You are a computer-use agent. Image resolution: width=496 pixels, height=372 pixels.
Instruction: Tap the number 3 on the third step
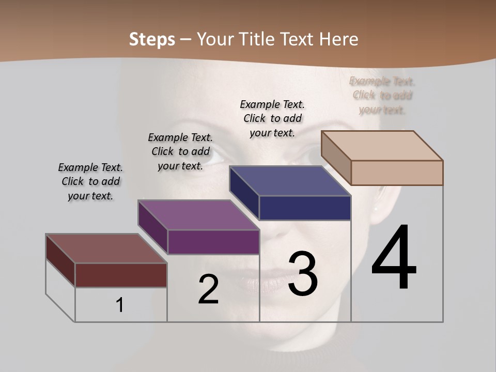302,273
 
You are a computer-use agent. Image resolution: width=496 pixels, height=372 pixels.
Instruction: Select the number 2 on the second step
208,289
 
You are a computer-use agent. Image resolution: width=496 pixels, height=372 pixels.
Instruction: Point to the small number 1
119,305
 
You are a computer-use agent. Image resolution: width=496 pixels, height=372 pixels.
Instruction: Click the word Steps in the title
152,39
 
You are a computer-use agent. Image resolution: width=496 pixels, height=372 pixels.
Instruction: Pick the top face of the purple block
198,214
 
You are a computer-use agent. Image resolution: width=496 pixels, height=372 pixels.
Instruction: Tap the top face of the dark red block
106,249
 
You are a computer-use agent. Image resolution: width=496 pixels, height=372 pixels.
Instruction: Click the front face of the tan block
397,173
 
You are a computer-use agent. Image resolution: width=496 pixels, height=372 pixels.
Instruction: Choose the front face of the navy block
305,208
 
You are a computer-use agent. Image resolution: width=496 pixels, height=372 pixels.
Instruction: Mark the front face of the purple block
213,242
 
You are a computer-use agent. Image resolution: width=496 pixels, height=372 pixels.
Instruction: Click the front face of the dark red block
121,275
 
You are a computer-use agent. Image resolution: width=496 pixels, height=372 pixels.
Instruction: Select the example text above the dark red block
90,181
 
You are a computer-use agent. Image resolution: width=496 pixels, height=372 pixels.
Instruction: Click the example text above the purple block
180,151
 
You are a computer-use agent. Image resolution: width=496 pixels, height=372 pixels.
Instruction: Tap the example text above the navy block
272,118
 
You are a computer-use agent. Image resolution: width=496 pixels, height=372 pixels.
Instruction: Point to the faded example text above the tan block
382,95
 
